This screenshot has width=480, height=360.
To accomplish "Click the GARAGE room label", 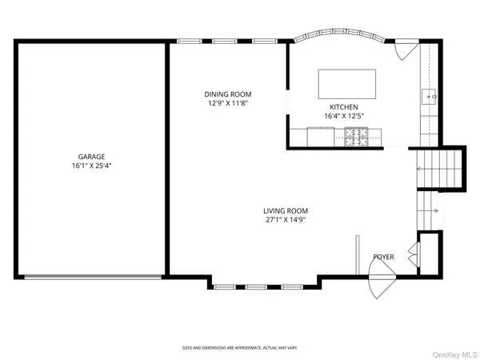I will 91,157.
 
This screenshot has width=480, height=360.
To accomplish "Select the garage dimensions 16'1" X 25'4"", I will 91,166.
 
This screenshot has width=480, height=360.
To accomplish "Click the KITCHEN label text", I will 344,107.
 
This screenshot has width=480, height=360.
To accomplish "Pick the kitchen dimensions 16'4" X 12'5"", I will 344,116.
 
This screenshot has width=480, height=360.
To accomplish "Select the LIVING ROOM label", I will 286,210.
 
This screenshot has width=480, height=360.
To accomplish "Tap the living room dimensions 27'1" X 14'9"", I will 286,219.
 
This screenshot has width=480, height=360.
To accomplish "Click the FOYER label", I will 383,257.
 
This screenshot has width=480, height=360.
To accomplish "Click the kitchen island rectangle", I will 347,82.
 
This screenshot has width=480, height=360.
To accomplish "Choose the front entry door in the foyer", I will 381,280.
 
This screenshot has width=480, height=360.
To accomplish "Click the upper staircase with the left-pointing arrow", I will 439,170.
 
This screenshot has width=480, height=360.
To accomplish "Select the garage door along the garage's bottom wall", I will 91,278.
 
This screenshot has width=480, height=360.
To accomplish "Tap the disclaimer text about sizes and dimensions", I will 240,348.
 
